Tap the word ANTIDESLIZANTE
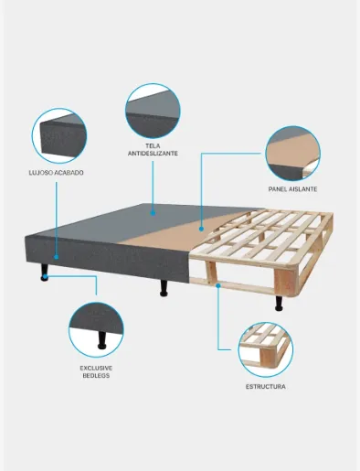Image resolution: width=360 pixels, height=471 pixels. pyautogui.click(x=153, y=154)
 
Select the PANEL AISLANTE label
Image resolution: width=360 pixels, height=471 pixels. pyautogui.click(x=292, y=189)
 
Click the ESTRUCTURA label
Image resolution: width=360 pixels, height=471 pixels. pyautogui.click(x=266, y=387)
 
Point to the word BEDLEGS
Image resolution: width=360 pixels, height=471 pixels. pyautogui.click(x=96, y=376)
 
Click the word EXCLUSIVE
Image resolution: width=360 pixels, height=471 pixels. pyautogui.click(x=96, y=369)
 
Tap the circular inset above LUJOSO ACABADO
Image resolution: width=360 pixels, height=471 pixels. pyautogui.click(x=59, y=135)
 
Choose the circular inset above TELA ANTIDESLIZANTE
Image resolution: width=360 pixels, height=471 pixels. pyautogui.click(x=153, y=112)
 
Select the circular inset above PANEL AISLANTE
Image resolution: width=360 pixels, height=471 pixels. pyautogui.click(x=292, y=154)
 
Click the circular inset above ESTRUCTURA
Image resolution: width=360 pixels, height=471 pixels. pyautogui.click(x=266, y=349)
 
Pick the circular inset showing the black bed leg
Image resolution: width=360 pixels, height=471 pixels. pyautogui.click(x=96, y=330)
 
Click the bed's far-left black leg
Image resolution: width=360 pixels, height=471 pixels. pyautogui.click(x=45, y=273)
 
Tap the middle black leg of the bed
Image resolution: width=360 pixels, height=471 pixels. pyautogui.click(x=164, y=288)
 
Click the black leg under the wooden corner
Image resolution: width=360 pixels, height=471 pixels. pyautogui.click(x=279, y=303)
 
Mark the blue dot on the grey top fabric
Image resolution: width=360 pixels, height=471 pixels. pyautogui.click(x=153, y=213)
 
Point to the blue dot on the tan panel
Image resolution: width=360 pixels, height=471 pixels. pyautogui.click(x=201, y=229)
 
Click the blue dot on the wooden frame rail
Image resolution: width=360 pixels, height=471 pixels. pyautogui.click(x=218, y=285)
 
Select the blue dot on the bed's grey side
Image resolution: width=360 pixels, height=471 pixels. pyautogui.click(x=56, y=257)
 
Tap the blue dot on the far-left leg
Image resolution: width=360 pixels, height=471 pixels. pyautogui.click(x=45, y=276)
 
